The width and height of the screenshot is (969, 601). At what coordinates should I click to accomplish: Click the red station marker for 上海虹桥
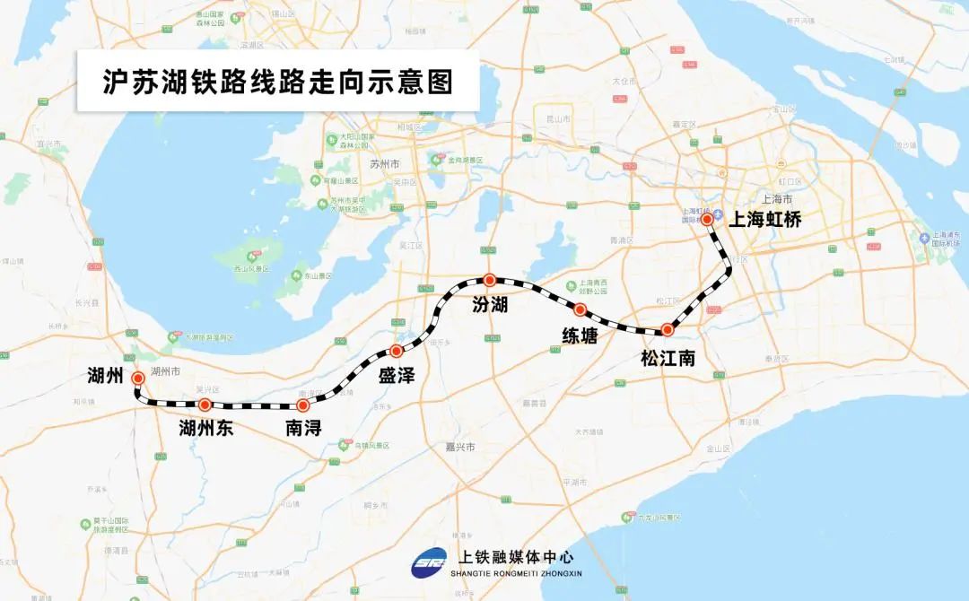(707, 219)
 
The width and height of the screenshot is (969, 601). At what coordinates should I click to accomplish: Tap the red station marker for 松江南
(667, 330)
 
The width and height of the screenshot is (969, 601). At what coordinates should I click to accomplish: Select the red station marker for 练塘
(580, 310)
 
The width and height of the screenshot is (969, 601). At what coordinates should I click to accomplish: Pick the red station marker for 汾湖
(489, 280)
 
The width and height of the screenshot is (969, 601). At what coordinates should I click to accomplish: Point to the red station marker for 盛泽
(396, 351)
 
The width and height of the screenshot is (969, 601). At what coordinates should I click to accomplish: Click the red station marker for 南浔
(302, 405)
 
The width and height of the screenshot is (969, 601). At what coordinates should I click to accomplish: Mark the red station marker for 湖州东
(205, 405)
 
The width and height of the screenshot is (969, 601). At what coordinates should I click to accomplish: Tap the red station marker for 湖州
(138, 379)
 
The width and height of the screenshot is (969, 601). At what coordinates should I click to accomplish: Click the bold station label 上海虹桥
(764, 220)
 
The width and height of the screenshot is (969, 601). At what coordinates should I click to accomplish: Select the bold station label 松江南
(668, 358)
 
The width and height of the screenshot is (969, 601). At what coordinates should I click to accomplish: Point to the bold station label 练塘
(580, 335)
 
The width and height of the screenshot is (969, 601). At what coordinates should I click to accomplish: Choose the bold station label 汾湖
(490, 305)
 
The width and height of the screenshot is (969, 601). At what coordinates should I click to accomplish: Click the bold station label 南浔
(303, 428)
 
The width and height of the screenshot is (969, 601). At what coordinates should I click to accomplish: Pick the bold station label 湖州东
(206, 428)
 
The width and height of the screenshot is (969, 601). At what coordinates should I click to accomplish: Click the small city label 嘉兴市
(463, 447)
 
